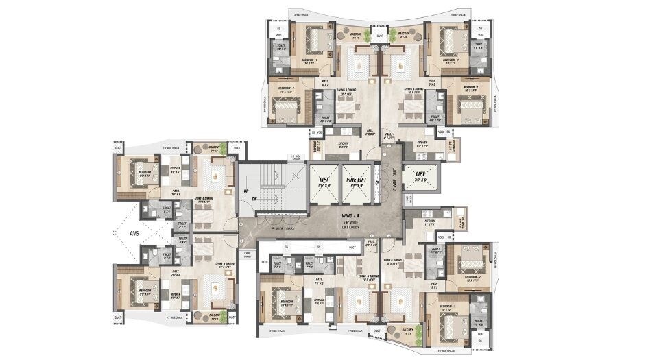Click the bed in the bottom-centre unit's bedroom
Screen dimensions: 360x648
(x=281, y=298)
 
